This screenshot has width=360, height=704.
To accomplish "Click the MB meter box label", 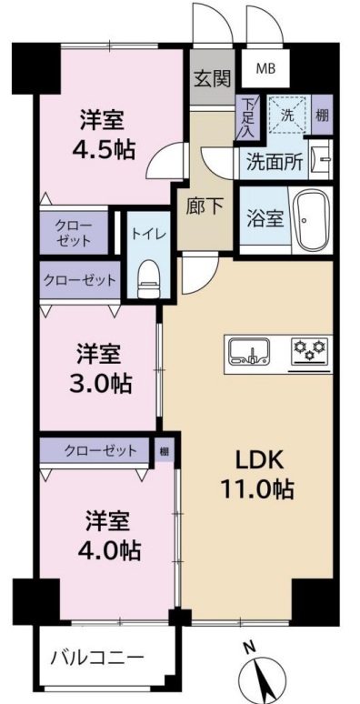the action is (265, 69).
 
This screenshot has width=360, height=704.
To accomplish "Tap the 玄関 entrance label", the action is (212, 80).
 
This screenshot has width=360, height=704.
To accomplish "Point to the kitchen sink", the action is (249, 352).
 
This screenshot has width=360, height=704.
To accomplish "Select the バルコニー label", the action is (97, 659).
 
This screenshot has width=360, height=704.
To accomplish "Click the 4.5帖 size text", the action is (104, 150).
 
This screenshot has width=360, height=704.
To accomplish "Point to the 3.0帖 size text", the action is (101, 383).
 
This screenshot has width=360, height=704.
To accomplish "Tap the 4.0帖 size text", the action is (109, 549).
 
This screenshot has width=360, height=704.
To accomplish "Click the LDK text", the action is (256, 462).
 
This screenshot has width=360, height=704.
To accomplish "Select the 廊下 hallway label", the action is (205, 207).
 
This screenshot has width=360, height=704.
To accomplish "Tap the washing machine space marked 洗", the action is (287, 116).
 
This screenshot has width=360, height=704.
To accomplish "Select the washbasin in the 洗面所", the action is (322, 159).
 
